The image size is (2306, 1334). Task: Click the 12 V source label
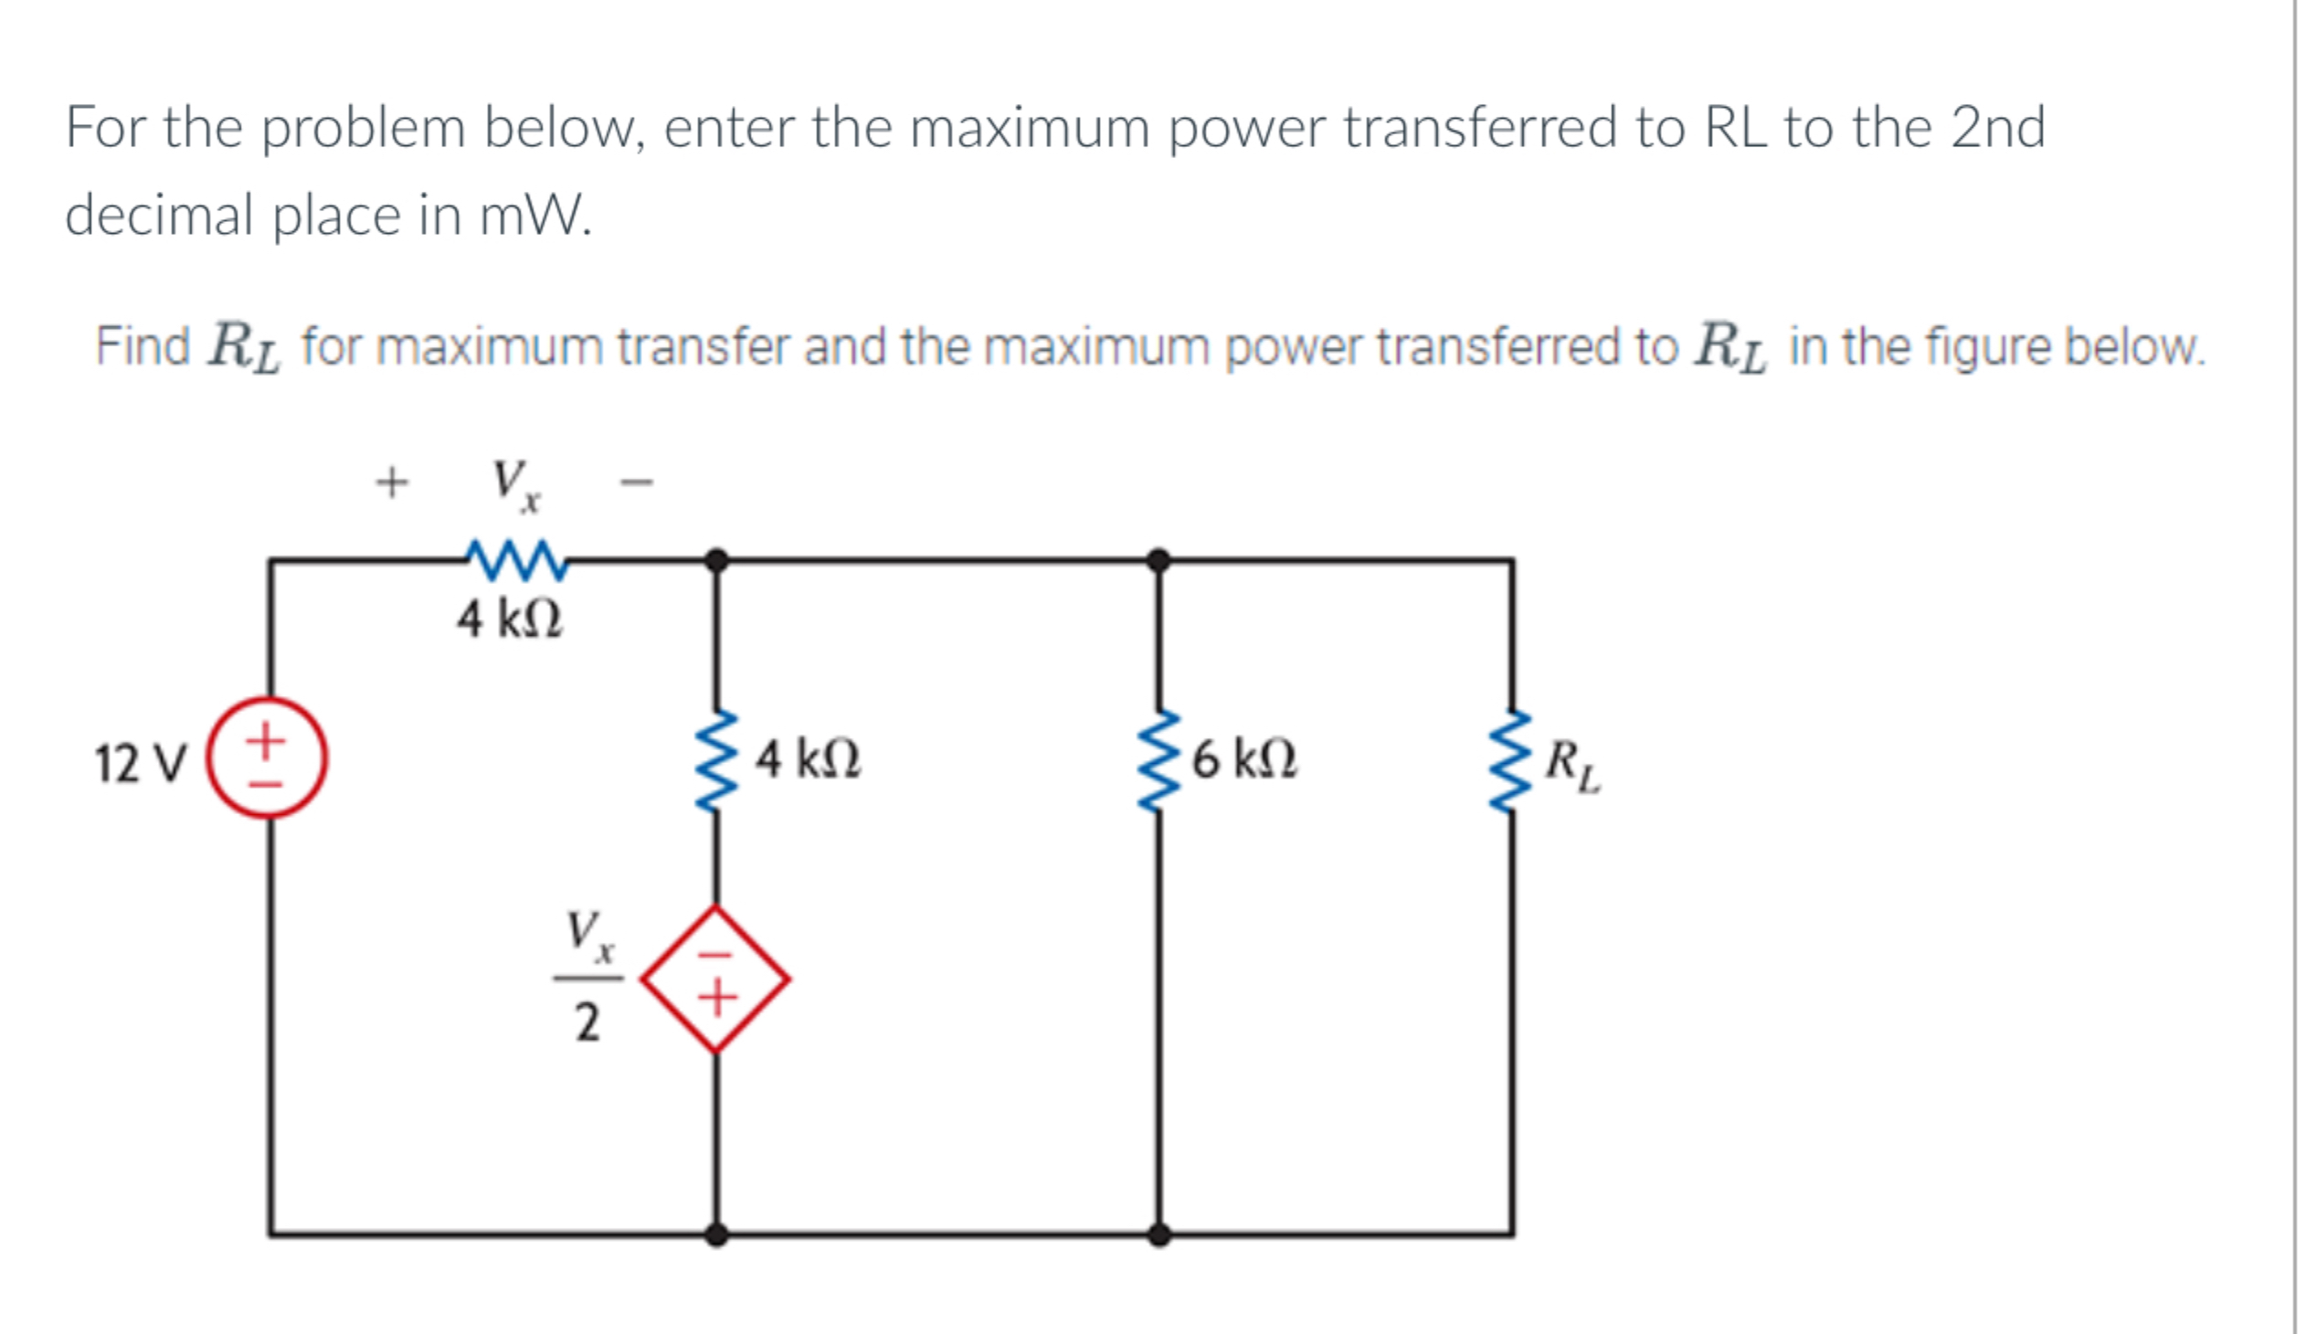click(x=141, y=763)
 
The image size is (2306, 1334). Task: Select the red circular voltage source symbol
click(x=265, y=757)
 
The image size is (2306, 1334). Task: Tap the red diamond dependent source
click(x=715, y=979)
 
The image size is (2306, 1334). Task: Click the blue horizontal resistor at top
click(x=517, y=559)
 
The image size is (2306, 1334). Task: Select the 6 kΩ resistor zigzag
click(x=1158, y=760)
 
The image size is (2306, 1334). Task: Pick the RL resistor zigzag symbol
click(x=1510, y=760)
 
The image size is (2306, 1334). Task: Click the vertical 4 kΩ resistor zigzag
click(x=716, y=760)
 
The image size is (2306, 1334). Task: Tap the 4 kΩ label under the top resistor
click(x=510, y=619)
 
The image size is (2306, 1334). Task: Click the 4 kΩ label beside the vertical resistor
click(x=807, y=759)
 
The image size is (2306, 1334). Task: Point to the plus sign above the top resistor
click(x=392, y=482)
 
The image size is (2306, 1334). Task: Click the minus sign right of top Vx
click(x=637, y=482)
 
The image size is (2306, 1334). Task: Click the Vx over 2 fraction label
click(x=588, y=975)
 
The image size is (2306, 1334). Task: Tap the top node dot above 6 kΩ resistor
click(x=1158, y=560)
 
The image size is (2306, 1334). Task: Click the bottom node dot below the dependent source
click(x=716, y=1234)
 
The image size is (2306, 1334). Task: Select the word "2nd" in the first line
click(x=1998, y=127)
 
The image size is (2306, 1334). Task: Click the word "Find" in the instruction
click(x=143, y=347)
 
